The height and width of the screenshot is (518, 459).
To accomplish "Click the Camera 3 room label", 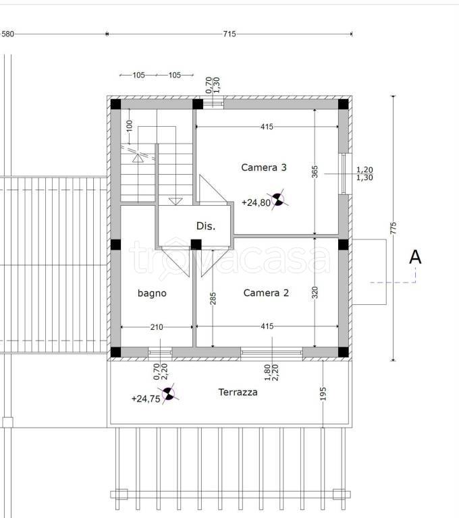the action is tap(263, 167).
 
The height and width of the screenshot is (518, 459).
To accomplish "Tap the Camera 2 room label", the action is tap(266, 293).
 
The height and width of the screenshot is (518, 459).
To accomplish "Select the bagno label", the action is tap(152, 293).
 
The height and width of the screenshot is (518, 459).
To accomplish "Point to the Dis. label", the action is tap(206, 226).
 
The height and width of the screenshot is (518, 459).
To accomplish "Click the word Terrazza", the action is tap(238, 392).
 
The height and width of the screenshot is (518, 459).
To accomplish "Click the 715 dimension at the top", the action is tap(230, 34).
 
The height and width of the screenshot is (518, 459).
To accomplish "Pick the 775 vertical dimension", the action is tap(393, 228).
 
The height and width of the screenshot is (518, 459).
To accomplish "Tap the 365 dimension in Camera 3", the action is tap(315, 172).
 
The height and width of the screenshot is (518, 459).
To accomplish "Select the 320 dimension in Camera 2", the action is tap(315, 293).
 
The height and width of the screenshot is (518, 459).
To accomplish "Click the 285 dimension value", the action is tap(213, 298).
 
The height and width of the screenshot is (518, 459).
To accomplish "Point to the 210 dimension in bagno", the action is tap(157, 327).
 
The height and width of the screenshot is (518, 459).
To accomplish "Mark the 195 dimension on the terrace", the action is tap(323, 394).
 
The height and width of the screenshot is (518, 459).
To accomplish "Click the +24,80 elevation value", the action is tap(256, 202).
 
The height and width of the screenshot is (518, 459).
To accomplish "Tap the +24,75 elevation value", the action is tap(146, 399).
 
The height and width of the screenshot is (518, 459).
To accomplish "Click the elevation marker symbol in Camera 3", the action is tap(278, 200).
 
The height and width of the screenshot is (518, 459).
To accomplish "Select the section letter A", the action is tap(415, 257).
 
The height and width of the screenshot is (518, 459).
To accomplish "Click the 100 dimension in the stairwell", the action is tap(130, 125).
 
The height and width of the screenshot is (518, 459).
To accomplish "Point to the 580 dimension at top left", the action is tap(7, 34).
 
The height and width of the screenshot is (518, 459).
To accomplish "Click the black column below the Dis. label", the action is tap(196, 245).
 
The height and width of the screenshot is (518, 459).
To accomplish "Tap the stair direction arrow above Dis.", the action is tap(175, 201).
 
